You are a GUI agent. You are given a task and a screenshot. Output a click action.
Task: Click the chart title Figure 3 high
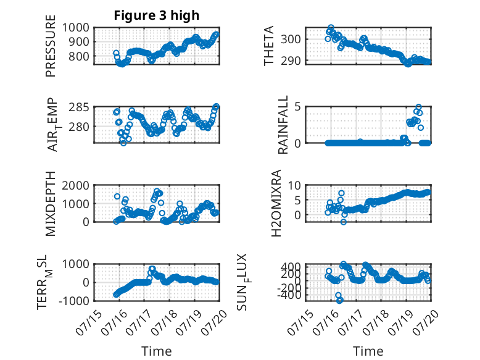point(157,15)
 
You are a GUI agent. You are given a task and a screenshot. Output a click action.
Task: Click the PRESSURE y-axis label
point(51,46)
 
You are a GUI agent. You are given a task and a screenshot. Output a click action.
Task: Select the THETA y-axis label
point(269,46)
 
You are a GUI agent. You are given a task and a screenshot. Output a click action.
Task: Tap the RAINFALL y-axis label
point(283,125)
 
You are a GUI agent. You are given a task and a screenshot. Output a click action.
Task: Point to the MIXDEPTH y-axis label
point(51,204)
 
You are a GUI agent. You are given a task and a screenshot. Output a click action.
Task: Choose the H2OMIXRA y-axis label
point(276,203)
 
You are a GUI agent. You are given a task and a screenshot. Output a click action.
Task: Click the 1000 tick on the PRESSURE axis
point(76,28)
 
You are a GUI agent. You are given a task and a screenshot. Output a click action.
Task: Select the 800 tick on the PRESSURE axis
point(79,56)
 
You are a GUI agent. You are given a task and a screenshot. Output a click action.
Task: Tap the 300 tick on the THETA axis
point(291,40)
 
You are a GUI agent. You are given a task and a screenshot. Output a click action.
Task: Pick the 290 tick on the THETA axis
point(291,61)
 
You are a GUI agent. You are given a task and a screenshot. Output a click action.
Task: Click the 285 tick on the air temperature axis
point(79,107)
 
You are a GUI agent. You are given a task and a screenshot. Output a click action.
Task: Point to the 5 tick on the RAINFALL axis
point(297,107)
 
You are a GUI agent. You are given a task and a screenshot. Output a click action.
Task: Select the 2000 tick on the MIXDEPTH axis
point(76,185)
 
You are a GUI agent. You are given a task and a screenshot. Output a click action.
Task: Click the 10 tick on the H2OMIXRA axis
point(294,185)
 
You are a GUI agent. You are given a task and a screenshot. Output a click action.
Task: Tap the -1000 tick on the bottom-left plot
point(73,301)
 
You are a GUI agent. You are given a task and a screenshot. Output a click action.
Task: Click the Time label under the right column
point(368,351)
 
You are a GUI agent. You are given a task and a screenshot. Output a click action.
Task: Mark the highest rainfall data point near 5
point(418,107)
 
